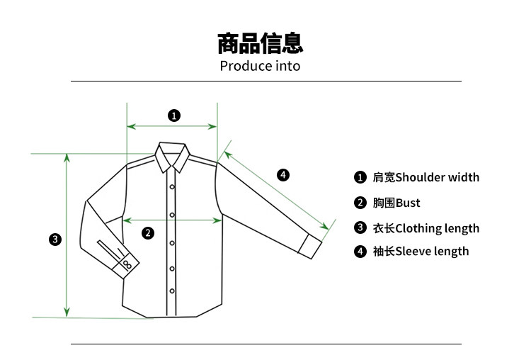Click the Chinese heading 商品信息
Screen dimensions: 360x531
tap(260, 43)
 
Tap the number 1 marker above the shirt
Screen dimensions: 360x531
tap(174, 115)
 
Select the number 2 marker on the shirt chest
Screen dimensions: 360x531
tap(148, 232)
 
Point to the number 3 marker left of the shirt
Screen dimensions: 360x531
tap(55, 239)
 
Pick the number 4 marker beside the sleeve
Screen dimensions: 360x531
tap(282, 174)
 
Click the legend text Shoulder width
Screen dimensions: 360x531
tap(437, 177)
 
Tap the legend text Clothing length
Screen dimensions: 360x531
tap(437, 228)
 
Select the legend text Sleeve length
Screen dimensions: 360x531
tap(432, 251)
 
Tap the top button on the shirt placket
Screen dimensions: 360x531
tap(171, 186)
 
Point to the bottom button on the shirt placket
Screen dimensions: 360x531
tap(171, 291)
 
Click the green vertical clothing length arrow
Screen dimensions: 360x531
tap(67, 234)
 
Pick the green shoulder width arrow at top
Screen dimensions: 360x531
tap(172, 127)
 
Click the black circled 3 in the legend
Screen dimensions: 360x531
tap(360, 228)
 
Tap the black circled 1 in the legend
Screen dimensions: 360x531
tap(360, 177)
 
